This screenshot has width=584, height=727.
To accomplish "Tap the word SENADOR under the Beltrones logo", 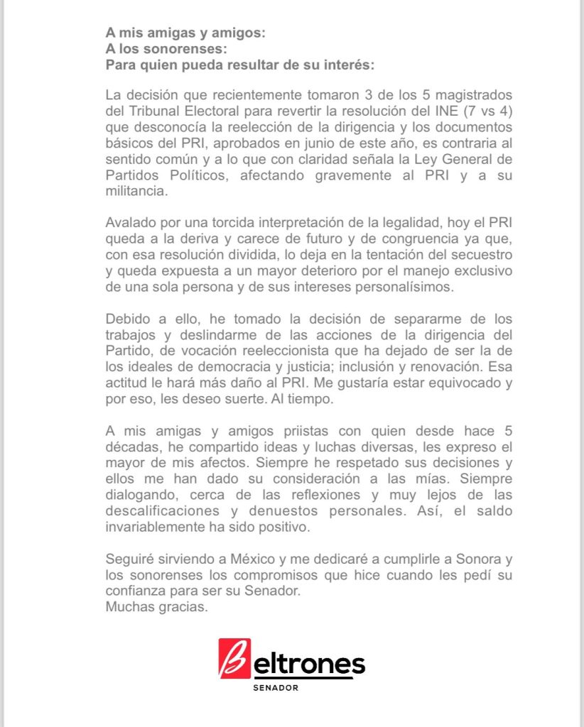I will click(276, 688).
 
